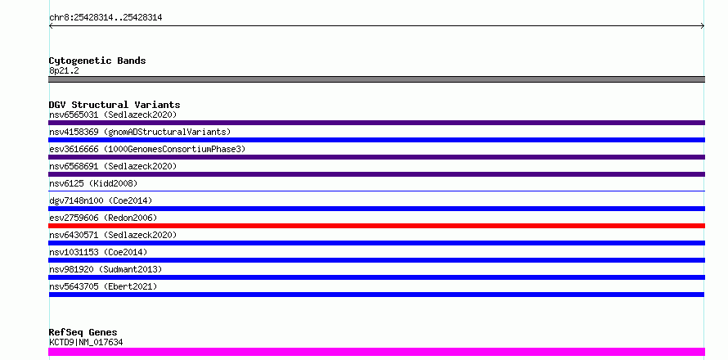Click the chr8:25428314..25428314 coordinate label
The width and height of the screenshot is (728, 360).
coord(106,18)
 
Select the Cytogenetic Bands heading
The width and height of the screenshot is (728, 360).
coord(97,61)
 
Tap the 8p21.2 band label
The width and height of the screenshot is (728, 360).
coord(64,70)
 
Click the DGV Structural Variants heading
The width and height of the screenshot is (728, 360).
coord(115,105)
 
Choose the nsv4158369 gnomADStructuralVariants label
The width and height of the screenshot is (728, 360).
coord(140,132)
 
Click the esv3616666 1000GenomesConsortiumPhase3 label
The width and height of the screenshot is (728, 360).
coord(147,149)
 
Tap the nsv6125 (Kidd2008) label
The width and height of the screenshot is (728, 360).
coord(93,183)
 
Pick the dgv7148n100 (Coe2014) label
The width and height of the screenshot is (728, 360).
coord(101,200)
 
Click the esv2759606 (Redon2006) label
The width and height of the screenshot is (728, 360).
coord(103,218)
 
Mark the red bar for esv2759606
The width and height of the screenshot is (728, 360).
coord(376,226)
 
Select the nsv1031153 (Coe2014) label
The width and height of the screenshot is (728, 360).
coord(98,252)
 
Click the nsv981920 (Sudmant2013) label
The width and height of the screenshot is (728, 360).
coord(106,269)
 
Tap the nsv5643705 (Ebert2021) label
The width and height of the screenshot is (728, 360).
coord(103,286)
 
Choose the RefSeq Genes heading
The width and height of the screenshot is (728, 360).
coord(83,332)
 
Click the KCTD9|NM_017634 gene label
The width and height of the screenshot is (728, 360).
coord(86,342)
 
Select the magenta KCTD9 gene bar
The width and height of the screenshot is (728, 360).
coord(376,352)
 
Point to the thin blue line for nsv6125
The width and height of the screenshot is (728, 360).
coord(376,191)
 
